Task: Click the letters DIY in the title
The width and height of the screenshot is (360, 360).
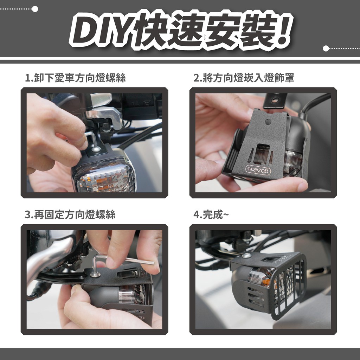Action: (104, 30)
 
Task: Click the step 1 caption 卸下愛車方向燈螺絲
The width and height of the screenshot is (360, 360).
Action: (75, 78)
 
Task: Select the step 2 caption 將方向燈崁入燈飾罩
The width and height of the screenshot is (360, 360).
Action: (244, 78)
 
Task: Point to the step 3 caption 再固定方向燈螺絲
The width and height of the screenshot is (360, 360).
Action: (70, 215)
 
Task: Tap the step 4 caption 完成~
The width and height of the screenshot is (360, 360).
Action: (211, 215)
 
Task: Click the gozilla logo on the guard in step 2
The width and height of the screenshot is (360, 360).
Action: (258, 170)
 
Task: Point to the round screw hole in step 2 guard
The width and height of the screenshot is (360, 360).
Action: (268, 122)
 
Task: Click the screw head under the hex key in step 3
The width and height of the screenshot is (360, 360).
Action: (95, 274)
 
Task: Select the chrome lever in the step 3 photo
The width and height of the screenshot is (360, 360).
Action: (51, 255)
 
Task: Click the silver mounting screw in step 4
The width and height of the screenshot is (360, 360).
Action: (246, 255)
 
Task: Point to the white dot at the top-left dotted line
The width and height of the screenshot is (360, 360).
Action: (35, 9)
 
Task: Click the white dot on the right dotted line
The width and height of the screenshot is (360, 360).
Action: (326, 49)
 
